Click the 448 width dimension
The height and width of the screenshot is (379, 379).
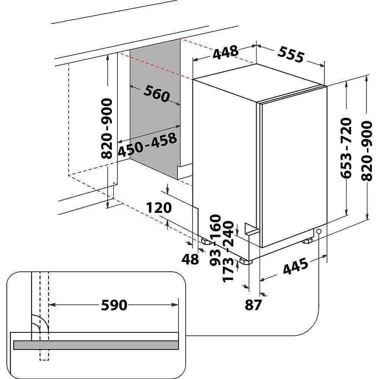pyautogui.click(x=226, y=52)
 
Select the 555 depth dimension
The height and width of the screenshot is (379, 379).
pyautogui.click(x=291, y=54)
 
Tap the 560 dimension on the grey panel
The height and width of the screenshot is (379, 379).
pyautogui.click(x=157, y=93)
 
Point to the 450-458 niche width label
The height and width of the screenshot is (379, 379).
pyautogui.click(x=147, y=144)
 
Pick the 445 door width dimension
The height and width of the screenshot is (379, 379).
pyautogui.click(x=296, y=266)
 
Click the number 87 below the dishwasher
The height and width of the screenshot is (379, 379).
pyautogui.click(x=253, y=305)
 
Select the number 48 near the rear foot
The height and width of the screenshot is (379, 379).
pyautogui.click(x=190, y=259)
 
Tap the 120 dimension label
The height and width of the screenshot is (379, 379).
pyautogui.click(x=159, y=208)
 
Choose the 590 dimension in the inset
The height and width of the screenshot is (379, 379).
pyautogui.click(x=114, y=305)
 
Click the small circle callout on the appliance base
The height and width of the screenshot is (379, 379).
pyautogui.click(x=319, y=231)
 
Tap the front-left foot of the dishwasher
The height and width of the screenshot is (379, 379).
pyautogui.click(x=246, y=261)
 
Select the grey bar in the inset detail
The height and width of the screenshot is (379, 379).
pyautogui.click(x=96, y=345)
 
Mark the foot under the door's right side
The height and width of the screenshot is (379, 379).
pyautogui.click(x=307, y=241)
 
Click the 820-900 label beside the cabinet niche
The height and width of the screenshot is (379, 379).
pyautogui.click(x=106, y=128)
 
